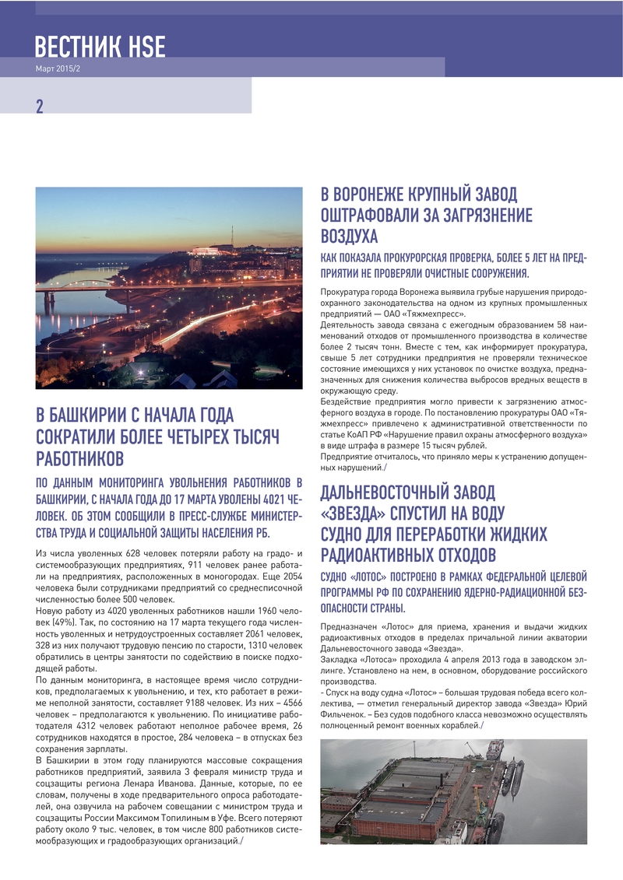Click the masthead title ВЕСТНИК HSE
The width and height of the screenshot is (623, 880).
coord(100,46)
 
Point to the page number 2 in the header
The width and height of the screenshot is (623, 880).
coord(39,107)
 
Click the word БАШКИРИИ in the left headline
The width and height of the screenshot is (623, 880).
coord(86,415)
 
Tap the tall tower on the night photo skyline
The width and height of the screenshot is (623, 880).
coord(231,236)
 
